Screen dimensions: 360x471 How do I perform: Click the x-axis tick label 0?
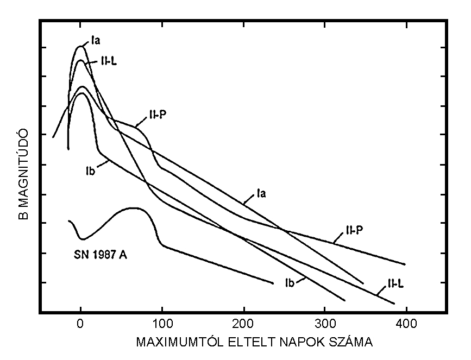(80, 324)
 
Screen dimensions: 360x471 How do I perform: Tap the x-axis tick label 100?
(162, 324)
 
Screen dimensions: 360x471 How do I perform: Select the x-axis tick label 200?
(243, 324)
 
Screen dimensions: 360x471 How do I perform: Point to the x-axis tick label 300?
(325, 324)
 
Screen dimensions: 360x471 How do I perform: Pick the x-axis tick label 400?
(406, 324)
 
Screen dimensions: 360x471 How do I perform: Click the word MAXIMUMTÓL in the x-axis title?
(174, 343)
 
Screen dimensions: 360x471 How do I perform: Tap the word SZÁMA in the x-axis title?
(354, 343)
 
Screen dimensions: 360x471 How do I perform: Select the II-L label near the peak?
(109, 61)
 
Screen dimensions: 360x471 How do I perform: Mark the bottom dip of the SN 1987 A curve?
(82, 238)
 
